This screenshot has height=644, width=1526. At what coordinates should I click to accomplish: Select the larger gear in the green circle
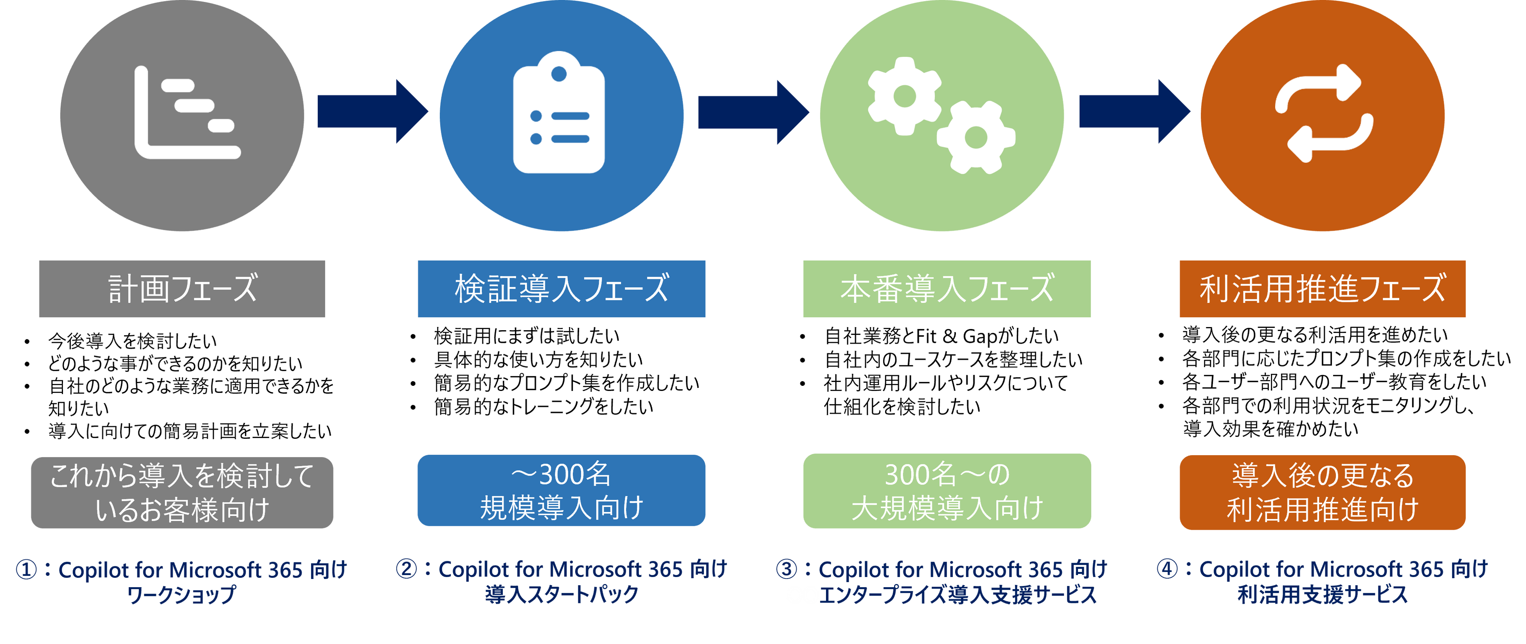pyautogui.click(x=904, y=96)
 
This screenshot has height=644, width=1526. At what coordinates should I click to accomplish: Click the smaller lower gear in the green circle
pyautogui.click(x=975, y=137)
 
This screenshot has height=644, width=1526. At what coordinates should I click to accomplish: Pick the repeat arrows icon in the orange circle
pyautogui.click(x=1323, y=113)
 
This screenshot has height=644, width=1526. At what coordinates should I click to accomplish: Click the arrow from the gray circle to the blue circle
pyautogui.click(x=373, y=112)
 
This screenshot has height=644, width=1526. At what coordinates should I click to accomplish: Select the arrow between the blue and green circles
pyautogui.click(x=753, y=112)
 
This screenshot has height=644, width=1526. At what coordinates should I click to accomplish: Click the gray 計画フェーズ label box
pyautogui.click(x=182, y=289)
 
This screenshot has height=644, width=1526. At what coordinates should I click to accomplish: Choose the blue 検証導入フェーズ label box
pyautogui.click(x=561, y=289)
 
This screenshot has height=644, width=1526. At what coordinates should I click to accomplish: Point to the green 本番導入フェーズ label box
pyautogui.click(x=947, y=289)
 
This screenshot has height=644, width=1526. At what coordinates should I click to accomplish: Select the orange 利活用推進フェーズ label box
pyautogui.click(x=1322, y=289)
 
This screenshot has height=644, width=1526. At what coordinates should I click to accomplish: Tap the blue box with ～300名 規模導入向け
pyautogui.click(x=561, y=490)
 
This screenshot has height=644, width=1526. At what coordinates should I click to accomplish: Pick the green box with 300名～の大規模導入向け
pyautogui.click(x=947, y=491)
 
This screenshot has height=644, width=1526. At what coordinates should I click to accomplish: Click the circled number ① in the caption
pyautogui.click(x=27, y=570)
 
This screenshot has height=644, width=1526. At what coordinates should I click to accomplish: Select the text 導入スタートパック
pyautogui.click(x=561, y=595)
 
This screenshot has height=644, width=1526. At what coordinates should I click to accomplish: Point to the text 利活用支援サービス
pyautogui.click(x=1322, y=595)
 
